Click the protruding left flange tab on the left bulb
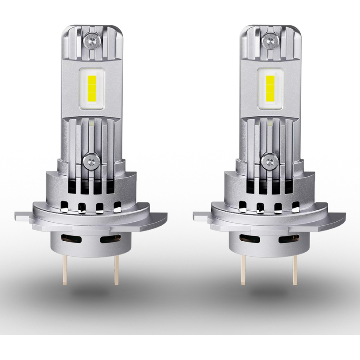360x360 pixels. (22, 216)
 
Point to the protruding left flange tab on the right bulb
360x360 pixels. (201, 216)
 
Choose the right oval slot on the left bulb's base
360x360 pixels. (108, 239)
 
